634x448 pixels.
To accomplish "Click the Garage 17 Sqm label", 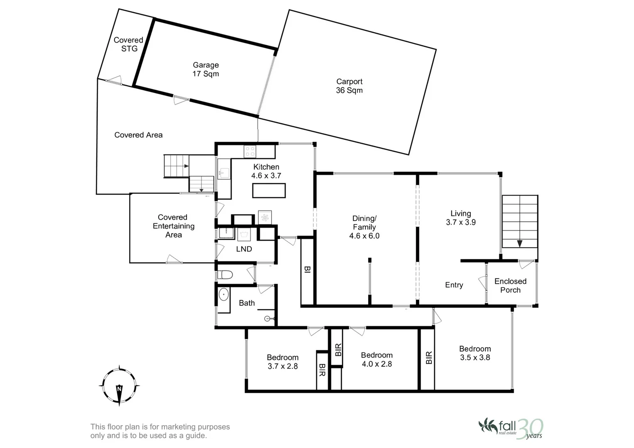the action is (206, 69).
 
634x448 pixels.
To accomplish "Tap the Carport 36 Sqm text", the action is (349, 86).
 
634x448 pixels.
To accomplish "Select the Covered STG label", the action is (128, 44).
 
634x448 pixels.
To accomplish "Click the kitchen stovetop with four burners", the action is (250, 151).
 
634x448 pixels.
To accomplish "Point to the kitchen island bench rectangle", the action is (269, 190).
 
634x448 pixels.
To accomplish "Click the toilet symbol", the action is (225, 274).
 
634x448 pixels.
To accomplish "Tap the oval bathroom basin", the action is (224, 295).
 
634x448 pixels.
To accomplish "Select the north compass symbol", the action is (119, 386).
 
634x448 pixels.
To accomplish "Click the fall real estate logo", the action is (511, 429).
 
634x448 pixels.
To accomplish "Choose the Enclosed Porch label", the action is (510, 285).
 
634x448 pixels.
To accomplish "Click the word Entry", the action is (454, 285).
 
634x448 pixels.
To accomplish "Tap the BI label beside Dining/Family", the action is (307, 269).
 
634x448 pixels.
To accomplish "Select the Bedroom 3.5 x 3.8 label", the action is (475, 353).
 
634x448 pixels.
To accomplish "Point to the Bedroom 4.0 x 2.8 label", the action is (377, 360).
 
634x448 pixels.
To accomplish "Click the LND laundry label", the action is (244, 249).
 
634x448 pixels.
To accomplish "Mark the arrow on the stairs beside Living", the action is (520, 243).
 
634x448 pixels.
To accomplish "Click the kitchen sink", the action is (224, 173).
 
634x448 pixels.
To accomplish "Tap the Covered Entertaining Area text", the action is (174, 226).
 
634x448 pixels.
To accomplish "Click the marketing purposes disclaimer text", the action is (160, 431).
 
